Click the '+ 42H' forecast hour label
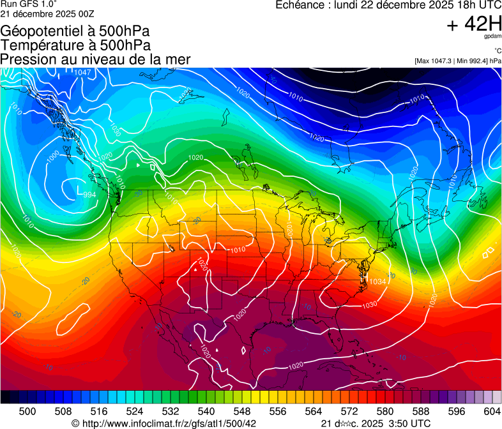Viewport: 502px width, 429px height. pos(474,24)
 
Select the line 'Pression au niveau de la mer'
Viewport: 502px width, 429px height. pos(95,59)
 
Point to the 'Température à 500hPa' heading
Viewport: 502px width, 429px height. pos(75,45)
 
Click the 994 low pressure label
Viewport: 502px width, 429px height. pos(90,194)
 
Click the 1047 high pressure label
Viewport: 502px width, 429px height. pos(82,72)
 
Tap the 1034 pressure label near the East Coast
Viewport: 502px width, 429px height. pos(377,282)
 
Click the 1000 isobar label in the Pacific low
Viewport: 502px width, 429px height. pos(53,154)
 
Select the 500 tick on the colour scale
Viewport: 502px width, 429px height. pos(27,410)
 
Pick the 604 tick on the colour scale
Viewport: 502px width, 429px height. pos(492,410)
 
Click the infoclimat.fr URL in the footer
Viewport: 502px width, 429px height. pos(169,423)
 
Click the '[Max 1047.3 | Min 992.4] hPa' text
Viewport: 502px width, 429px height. pos(457,61)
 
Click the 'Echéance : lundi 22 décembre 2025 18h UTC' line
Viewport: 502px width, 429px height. pos(388,4)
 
